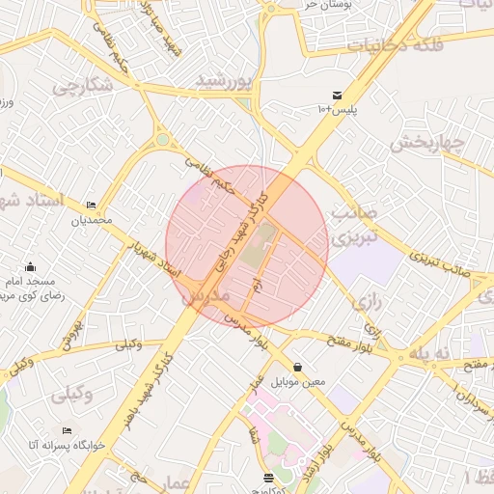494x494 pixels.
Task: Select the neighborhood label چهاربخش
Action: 427,144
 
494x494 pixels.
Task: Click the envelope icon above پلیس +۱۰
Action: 336,95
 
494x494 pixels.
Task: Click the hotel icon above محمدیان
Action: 92,206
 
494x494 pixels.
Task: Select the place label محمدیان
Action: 92,220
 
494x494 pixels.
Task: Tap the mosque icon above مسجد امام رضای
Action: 31,266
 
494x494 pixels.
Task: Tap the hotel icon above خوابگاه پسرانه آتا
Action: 66,430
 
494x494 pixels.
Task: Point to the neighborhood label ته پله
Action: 429,354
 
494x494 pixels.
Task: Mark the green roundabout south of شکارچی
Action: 163,141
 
